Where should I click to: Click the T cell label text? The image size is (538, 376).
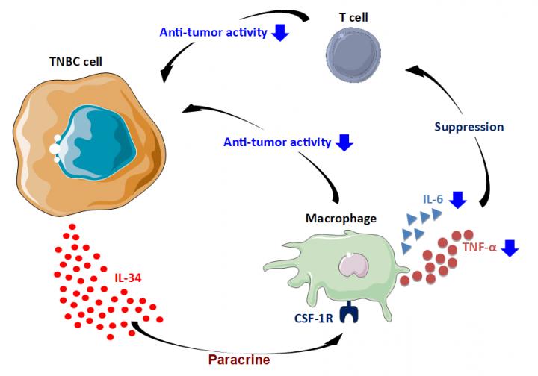coord(353,17)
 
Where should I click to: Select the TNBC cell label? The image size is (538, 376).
coord(75,61)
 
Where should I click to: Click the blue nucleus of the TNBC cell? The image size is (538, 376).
coord(99,142)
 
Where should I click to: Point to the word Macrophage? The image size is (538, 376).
coord(341,218)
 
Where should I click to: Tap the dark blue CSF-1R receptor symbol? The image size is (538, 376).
coord(349,313)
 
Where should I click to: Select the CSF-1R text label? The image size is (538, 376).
coord(314,319)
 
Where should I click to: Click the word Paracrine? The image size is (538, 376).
coord(239,360)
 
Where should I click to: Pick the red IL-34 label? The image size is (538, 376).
coord(128,278)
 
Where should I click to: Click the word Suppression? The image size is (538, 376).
coord(469,127)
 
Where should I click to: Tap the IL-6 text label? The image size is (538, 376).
coord(433,199)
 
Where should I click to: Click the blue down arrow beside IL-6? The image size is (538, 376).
coord(458,200)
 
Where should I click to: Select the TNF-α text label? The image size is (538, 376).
coord(479,247)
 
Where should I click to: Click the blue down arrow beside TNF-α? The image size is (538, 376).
coord(510,248)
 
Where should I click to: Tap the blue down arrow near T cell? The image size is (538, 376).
coord(280,33)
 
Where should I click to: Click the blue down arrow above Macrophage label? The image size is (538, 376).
coord(344,142)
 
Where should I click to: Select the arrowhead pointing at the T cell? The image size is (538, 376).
coord(413,69)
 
